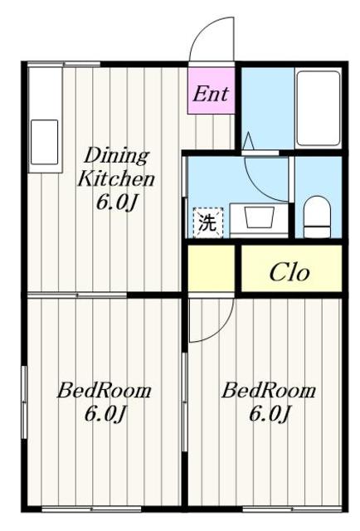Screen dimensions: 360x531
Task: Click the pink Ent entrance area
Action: coord(212,90)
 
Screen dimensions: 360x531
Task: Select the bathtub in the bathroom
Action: coord(318,109)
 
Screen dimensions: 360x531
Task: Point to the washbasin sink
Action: coord(259,217)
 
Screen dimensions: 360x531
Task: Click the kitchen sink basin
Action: coord(44,142)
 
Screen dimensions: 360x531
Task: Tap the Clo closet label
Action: coord(289,273)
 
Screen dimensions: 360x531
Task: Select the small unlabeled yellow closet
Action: coord(212,267)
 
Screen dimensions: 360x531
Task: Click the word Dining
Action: coord(116,157)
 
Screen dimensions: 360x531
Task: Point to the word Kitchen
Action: coord(116,178)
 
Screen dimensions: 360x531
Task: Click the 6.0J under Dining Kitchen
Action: coord(116,202)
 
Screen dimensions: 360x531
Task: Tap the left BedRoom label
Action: coord(105,391)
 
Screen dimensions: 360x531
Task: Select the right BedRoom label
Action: coord(269,391)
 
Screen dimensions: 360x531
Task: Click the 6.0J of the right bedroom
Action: coord(270,414)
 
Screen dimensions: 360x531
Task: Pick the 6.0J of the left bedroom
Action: coord(105,414)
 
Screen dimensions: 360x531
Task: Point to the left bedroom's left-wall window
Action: coord(24,402)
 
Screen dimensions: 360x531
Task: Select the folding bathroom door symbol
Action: coord(248,141)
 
